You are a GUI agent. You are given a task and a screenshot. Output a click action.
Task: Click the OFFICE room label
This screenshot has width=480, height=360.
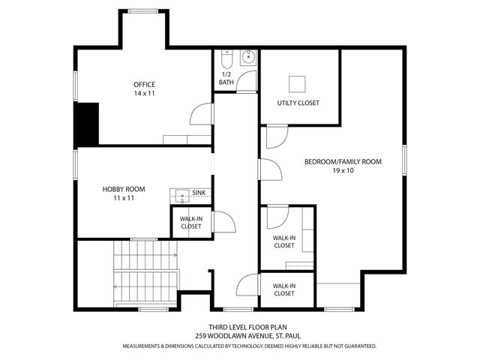(x=144, y=84)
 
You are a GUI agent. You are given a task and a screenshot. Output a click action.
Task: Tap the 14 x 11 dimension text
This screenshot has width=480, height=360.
(x=144, y=94)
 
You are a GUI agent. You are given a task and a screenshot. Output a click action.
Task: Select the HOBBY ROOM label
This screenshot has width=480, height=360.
(x=124, y=189)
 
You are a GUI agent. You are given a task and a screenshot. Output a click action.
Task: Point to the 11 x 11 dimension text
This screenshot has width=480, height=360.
(x=124, y=199)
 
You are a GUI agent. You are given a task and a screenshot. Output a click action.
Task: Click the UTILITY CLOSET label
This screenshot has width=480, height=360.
(x=298, y=103)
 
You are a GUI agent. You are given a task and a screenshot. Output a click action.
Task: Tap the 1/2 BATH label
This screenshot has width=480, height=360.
(x=226, y=78)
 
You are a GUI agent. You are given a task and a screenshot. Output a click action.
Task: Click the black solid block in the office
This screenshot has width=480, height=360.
(x=87, y=124)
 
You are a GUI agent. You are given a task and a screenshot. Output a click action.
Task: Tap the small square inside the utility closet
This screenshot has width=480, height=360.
(x=298, y=82)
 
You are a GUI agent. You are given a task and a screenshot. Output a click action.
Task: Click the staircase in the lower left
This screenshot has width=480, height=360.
(x=145, y=270)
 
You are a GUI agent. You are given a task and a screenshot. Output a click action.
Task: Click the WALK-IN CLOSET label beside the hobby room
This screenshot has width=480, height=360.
(x=190, y=222)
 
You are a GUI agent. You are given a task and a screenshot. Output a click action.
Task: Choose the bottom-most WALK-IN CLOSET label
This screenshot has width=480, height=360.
(x=283, y=289)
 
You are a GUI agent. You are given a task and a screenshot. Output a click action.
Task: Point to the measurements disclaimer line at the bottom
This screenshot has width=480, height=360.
(x=249, y=346)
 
